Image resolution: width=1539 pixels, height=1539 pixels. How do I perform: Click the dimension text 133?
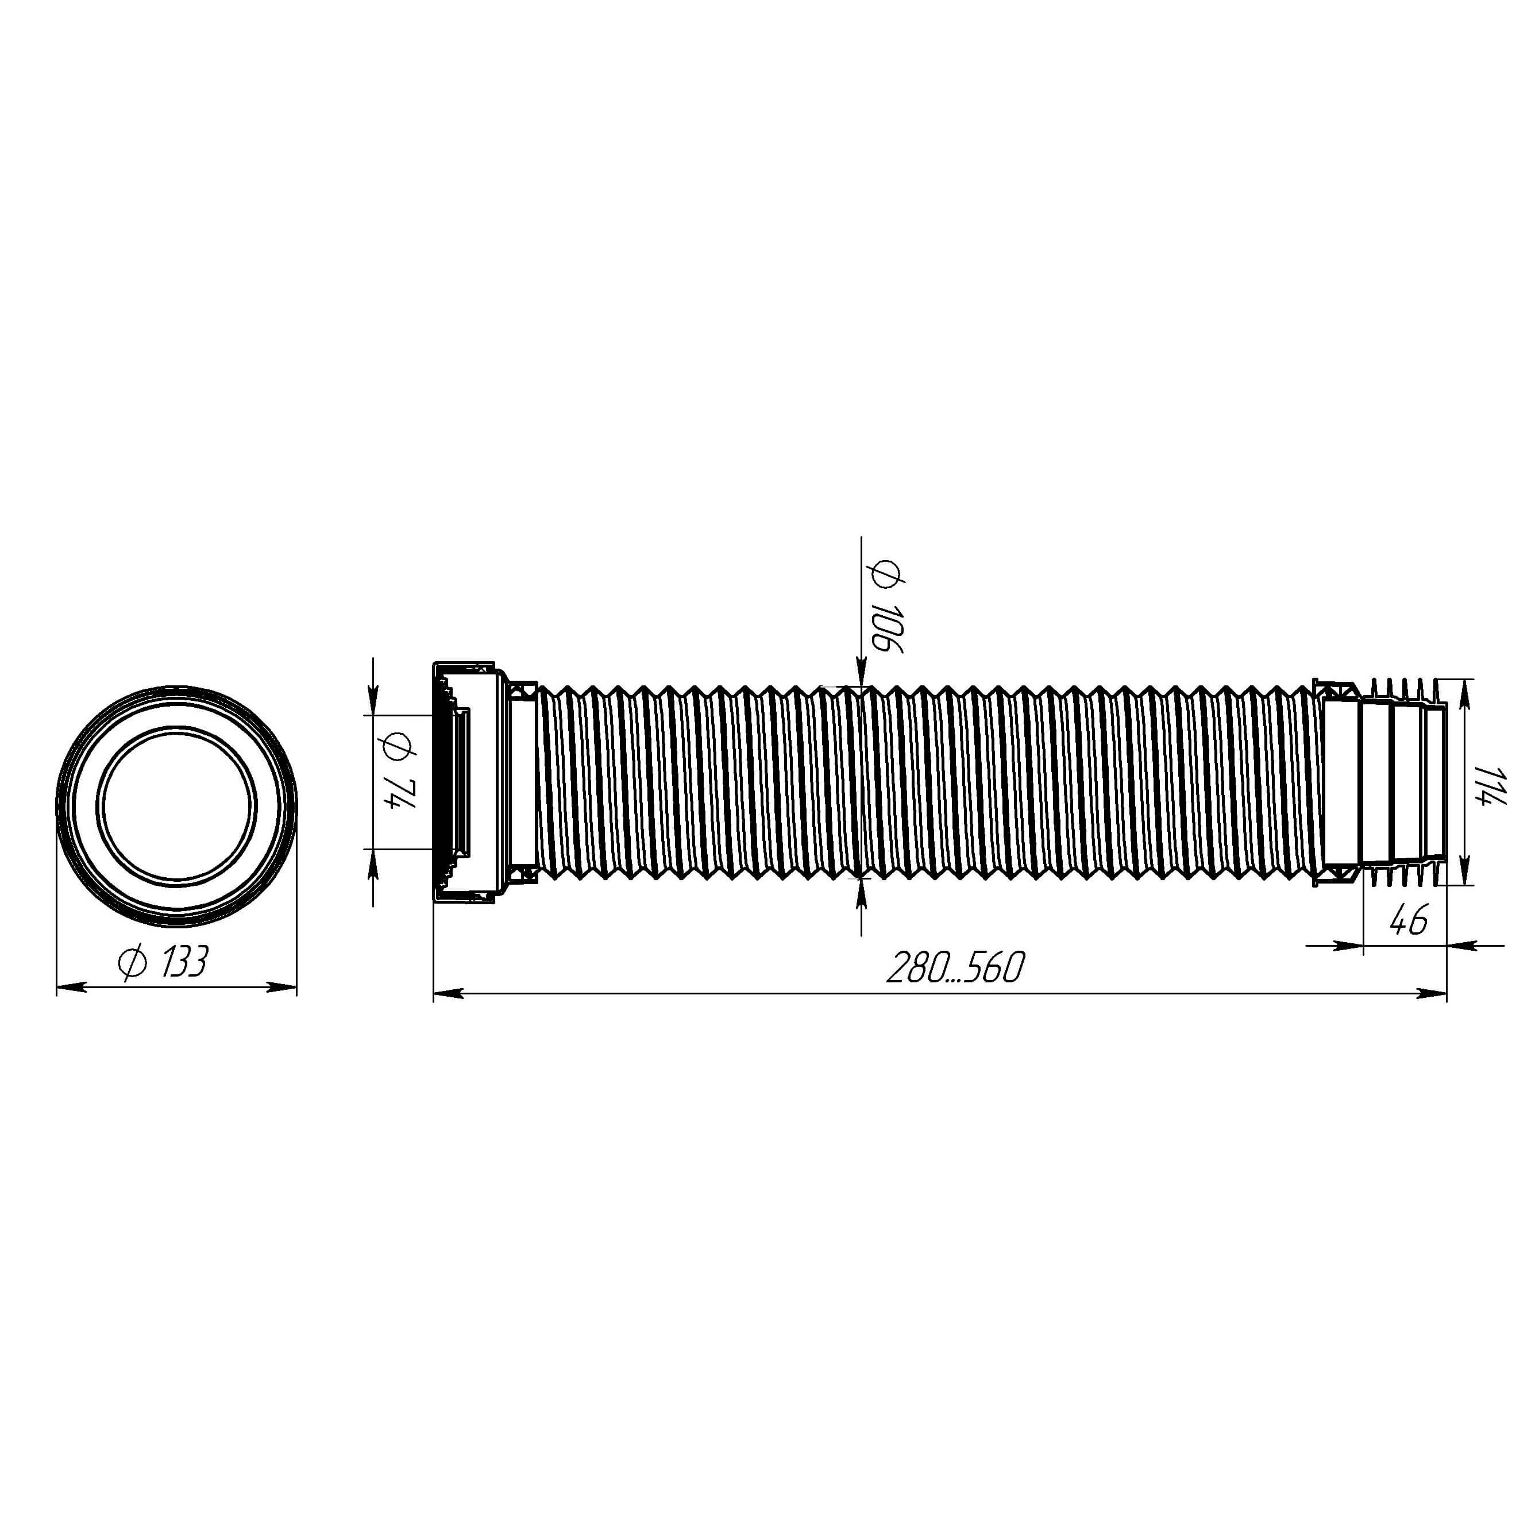184,962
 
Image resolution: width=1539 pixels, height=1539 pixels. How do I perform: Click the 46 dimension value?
1407,921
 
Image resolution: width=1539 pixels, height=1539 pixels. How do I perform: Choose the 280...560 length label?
955,969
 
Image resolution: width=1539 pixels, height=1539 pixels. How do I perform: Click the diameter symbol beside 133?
132,962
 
